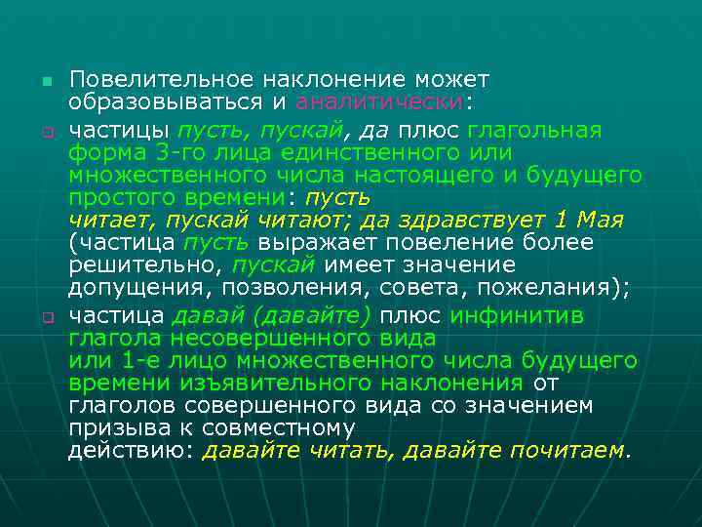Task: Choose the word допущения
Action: [140, 290]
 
